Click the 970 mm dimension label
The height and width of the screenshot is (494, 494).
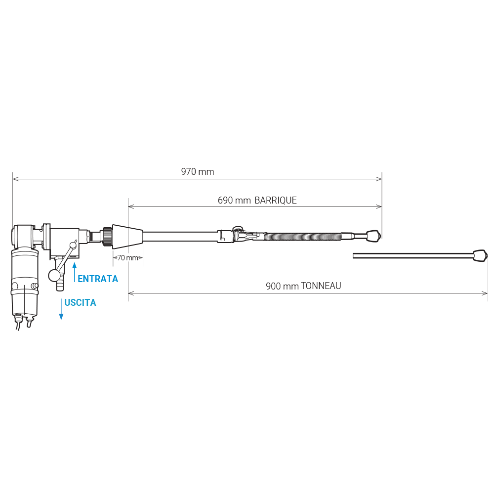198,172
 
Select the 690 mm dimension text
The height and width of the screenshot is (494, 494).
234,201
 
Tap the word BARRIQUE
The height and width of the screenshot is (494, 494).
276,201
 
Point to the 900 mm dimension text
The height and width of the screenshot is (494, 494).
282,286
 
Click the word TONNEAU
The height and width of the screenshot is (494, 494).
321,286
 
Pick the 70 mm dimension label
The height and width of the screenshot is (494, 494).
127,258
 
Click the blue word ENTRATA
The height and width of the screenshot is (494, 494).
98,279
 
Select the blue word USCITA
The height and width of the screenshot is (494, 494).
80,302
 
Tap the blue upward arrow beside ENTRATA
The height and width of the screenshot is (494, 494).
75,272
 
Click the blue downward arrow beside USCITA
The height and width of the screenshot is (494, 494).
61,309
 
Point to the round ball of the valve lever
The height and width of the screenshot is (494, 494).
54,276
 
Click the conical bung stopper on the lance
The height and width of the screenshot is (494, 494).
127,236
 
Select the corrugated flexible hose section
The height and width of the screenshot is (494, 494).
302,236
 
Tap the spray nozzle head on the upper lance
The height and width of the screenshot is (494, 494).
373,236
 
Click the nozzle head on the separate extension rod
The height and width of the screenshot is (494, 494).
481,255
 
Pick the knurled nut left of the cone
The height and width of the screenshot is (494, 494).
107,236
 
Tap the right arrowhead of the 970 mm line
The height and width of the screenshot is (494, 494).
379,179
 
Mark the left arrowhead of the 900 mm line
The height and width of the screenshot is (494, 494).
131,293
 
